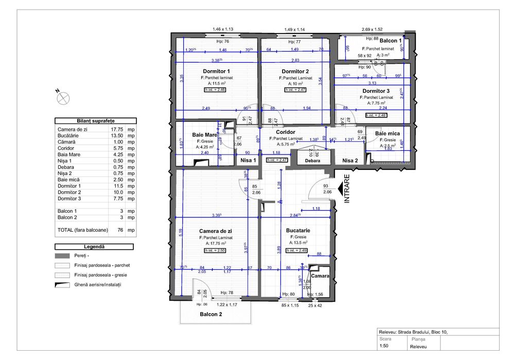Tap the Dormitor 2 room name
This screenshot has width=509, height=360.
[x=295, y=71]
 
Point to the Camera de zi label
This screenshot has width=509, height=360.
[x=216, y=231]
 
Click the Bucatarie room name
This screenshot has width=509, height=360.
[x=296, y=231]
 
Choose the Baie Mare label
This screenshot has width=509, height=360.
[x=204, y=134]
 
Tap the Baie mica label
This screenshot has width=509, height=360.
[x=385, y=133]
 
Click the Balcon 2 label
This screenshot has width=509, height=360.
[x=210, y=314]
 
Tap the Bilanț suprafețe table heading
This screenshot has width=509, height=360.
[x=95, y=120]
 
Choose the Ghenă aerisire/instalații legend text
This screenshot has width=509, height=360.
[x=98, y=284]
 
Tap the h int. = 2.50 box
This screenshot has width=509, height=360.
[x=214, y=250]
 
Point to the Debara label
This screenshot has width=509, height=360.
[x=312, y=161]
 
